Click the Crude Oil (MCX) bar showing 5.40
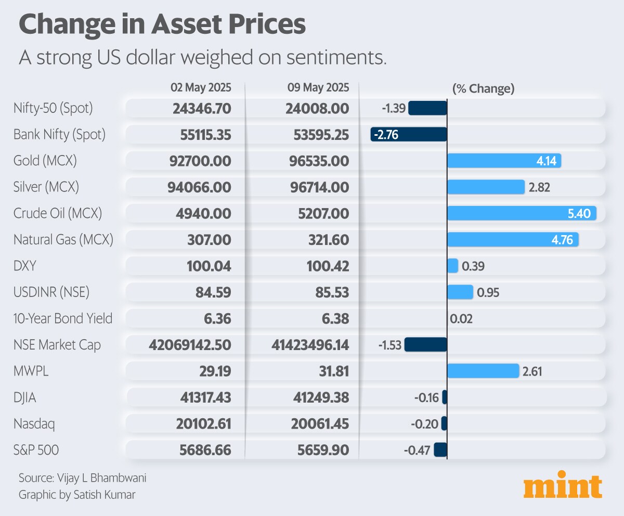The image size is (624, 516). tap(522, 213)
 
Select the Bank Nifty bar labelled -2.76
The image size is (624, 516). tap(409, 135)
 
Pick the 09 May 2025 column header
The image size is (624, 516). tap(318, 87)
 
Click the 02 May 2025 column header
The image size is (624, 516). tap(201, 87)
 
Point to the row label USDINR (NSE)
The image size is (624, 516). tap(51, 292)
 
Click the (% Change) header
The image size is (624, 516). tap(483, 88)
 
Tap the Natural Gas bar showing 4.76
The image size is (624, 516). tap(513, 240)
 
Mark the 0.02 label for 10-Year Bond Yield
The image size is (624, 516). tap(461, 319)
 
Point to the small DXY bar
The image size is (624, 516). tap(452, 266)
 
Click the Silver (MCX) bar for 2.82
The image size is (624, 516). tap(486, 187)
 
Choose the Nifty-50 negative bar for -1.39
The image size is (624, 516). tap(427, 108)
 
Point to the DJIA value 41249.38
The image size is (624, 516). tap(318, 397)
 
